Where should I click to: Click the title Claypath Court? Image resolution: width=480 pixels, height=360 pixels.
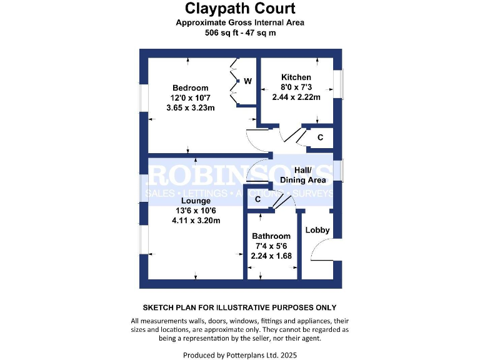coord(240,9)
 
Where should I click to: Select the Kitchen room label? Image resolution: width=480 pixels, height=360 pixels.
coord(296,77)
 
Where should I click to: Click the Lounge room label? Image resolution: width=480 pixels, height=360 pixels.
coord(196,201)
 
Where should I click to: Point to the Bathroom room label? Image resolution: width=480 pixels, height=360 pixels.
coord(271,236)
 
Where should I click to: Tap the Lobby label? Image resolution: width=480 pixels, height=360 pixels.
coord(317,230)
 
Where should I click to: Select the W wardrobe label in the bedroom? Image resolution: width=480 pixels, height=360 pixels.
coord(247,81)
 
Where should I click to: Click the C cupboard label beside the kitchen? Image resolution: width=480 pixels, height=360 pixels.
coord(320,137)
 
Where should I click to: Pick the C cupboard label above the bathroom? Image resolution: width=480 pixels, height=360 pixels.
coord(257,199)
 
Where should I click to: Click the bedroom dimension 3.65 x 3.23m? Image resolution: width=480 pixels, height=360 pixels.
coord(191,107)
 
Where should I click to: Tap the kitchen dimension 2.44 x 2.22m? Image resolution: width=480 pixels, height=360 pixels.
coord(296,97)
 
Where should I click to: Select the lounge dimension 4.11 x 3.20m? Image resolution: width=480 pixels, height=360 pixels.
coord(196,220)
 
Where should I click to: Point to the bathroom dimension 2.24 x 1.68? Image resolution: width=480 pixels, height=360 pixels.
coord(272,256)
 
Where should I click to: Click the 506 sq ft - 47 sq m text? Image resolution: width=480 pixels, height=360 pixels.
coord(240,34)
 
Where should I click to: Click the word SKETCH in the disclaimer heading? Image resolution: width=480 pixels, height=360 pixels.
coord(160,307)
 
